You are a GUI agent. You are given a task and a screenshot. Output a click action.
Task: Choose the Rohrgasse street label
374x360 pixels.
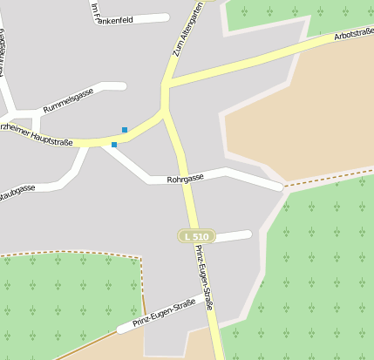(x=186, y=177)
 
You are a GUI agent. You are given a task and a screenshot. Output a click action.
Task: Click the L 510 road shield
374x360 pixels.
(x=196, y=236)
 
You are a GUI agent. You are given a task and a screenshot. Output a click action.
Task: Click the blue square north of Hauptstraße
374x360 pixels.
(x=125, y=130)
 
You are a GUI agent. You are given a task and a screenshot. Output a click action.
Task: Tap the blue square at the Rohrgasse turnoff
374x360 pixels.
(x=114, y=145)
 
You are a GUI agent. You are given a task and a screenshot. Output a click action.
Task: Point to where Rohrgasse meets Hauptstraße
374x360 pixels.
(x=105, y=142)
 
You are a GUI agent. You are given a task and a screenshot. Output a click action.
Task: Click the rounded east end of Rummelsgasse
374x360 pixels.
(x=122, y=85)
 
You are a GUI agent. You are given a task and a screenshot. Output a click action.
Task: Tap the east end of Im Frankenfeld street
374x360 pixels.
(x=165, y=17)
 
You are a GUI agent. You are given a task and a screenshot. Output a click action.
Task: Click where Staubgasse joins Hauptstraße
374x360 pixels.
(x=85, y=146)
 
